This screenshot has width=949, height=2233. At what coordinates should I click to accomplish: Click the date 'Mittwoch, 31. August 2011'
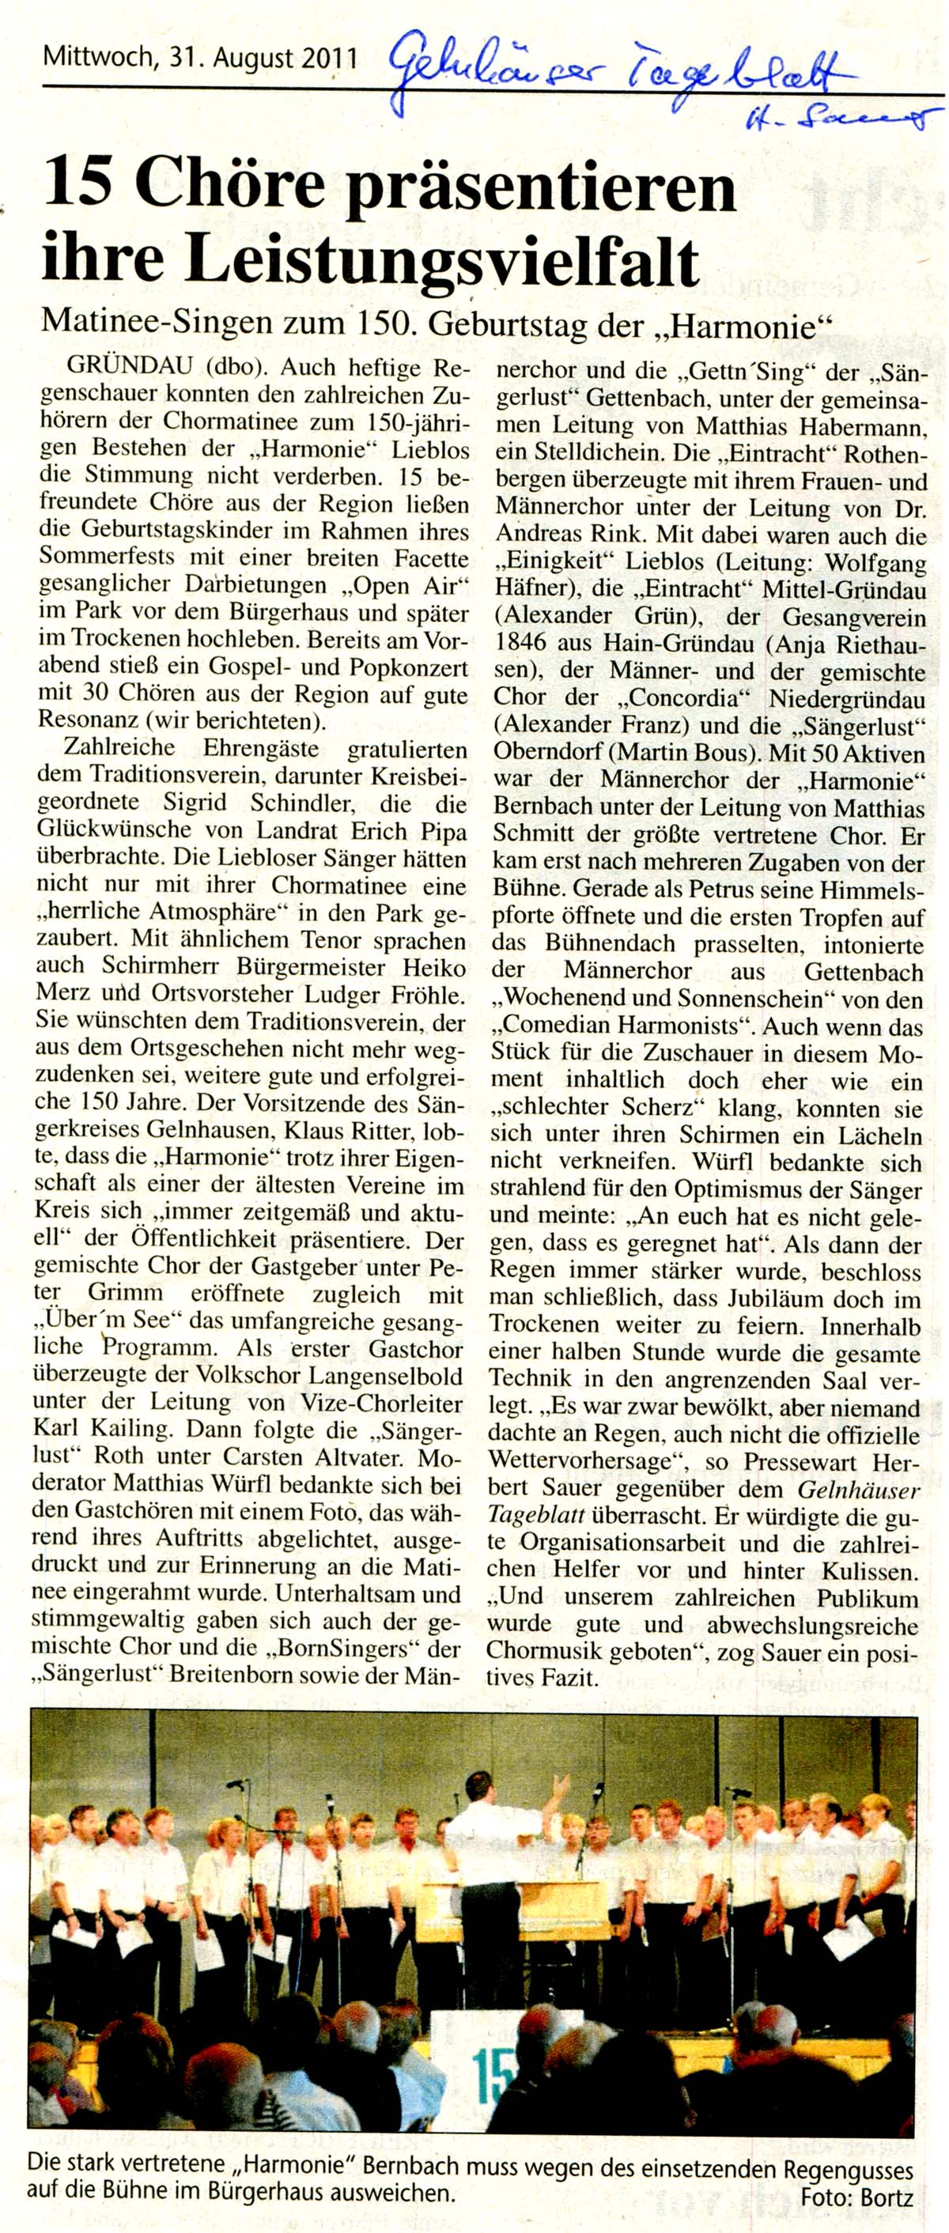200,60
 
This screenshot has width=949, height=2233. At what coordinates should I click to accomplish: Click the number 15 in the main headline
81,187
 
